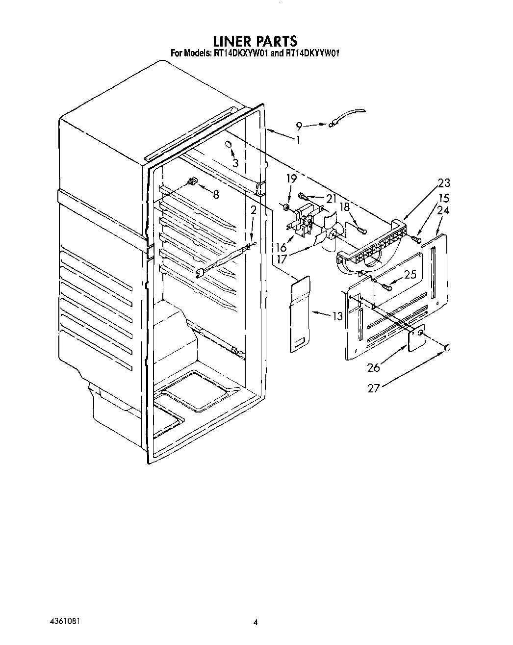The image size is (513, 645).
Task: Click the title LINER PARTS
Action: coord(255,40)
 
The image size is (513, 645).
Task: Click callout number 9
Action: coord(299,126)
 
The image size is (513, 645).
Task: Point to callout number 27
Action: coord(374,388)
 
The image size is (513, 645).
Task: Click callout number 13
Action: coord(337,316)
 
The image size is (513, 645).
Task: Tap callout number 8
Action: coord(215,194)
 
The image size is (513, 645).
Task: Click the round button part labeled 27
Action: coord(447,348)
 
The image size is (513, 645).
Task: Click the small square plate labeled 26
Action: coord(416,338)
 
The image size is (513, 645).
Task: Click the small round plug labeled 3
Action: coord(229,144)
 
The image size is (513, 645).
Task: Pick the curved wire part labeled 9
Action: coord(348,117)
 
